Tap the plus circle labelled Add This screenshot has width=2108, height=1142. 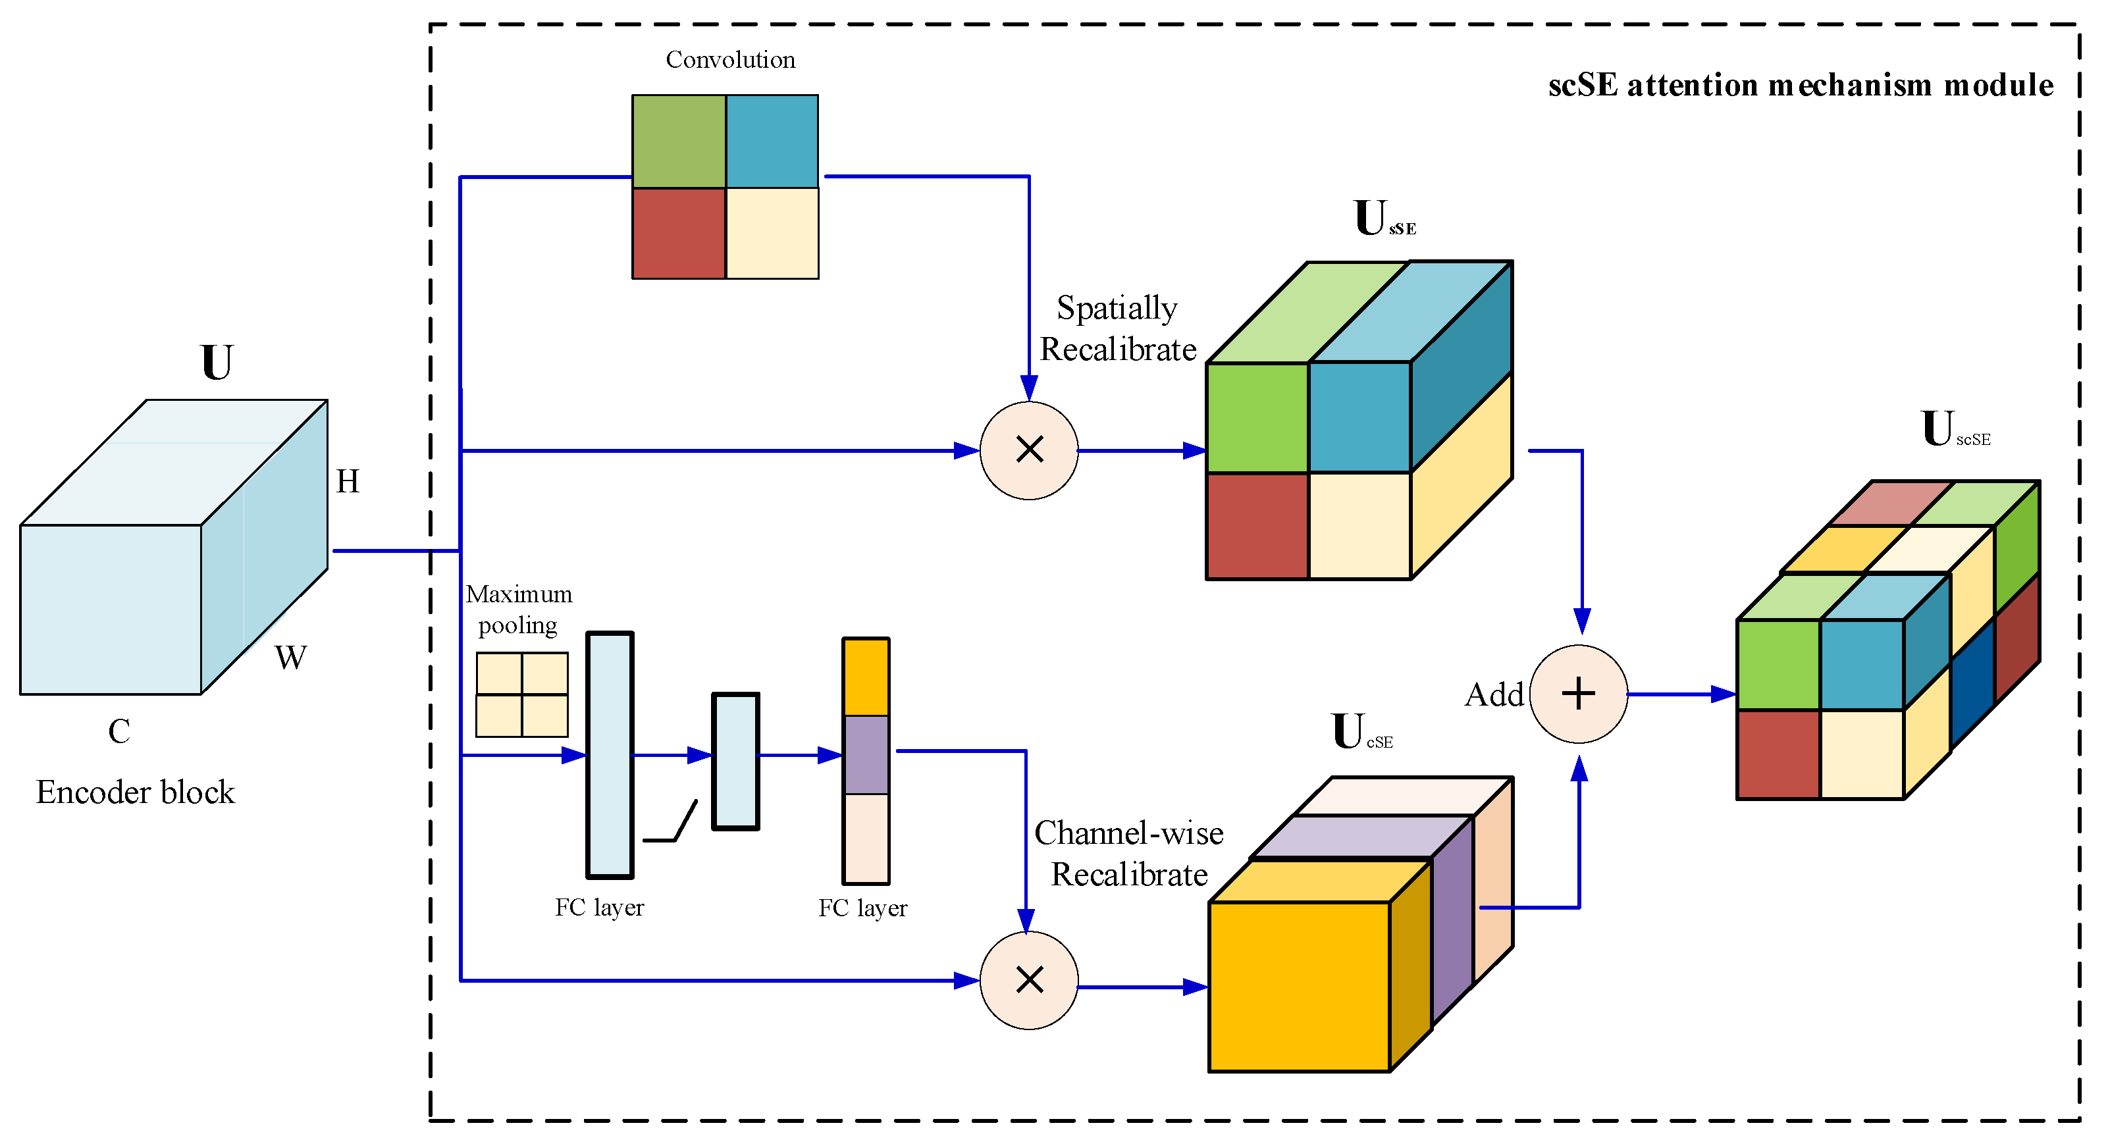[1579, 694]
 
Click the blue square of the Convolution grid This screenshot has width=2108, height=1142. [772, 141]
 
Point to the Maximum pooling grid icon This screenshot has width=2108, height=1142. [522, 694]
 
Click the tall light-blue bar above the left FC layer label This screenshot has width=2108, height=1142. [610, 754]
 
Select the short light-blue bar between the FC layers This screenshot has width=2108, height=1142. [735, 762]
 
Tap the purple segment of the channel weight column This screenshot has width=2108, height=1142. [866, 754]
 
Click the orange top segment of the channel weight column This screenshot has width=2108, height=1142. [866, 677]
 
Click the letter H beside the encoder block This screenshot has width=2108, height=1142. [348, 481]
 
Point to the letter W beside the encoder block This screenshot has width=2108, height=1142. [290, 657]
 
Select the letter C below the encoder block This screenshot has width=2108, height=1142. [119, 731]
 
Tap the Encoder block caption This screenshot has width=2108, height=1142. [135, 792]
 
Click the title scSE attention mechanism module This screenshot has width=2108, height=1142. [1801, 85]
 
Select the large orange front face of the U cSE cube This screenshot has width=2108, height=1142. [1300, 987]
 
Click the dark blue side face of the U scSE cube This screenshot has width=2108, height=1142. [1972, 684]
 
